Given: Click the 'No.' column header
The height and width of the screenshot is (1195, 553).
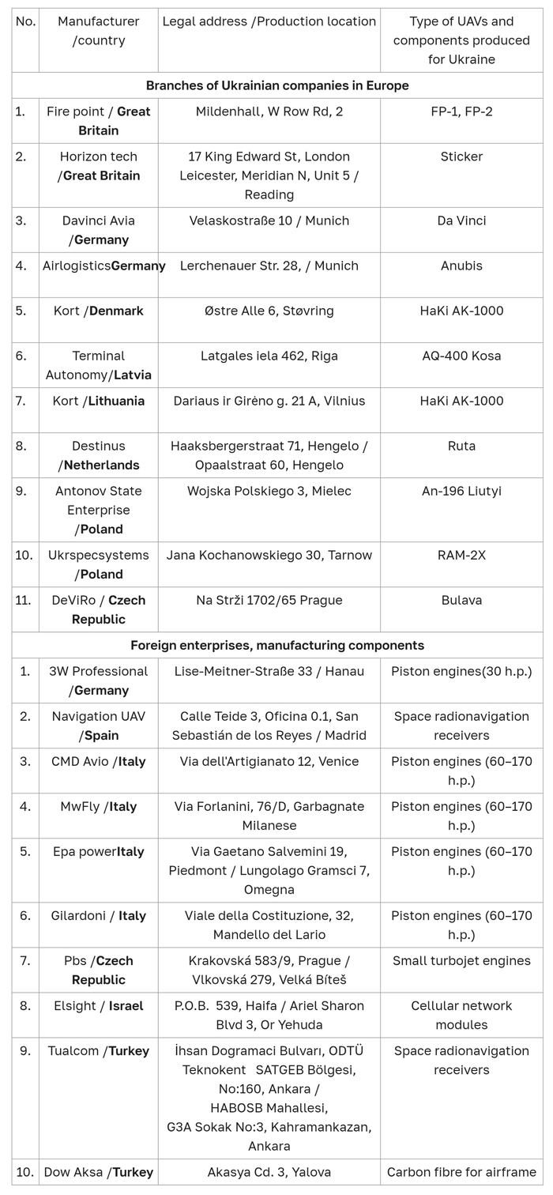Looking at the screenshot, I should [x=25, y=21].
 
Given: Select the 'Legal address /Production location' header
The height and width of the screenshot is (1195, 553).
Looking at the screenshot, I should [x=269, y=21].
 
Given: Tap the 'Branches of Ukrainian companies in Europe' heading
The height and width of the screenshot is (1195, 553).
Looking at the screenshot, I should [x=276, y=85].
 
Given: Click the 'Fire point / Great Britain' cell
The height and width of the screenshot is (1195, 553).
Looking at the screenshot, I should [x=98, y=121].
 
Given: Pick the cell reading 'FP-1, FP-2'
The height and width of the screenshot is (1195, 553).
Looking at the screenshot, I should [x=461, y=111].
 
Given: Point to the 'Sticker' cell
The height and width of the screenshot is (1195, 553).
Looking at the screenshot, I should [x=461, y=156].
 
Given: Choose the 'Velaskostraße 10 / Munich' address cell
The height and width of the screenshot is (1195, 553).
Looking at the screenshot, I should [x=269, y=221].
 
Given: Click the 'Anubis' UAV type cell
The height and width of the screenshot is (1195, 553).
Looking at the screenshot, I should [x=461, y=266].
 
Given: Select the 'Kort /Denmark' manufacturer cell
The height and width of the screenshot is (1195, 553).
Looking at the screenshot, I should [x=98, y=311].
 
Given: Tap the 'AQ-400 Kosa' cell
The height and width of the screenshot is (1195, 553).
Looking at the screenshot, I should [x=461, y=356].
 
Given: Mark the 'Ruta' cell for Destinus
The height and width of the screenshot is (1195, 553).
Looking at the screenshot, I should [x=461, y=446].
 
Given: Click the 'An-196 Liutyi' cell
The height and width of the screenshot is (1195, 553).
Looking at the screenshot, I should [x=461, y=491].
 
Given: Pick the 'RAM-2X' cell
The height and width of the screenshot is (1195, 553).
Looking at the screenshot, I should [x=461, y=555].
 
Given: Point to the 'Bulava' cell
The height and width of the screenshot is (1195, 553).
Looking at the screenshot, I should [x=461, y=600].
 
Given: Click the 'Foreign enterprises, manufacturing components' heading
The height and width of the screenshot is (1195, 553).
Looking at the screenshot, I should [x=276, y=646].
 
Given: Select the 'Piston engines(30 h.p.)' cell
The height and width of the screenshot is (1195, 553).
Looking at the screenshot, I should [x=461, y=671].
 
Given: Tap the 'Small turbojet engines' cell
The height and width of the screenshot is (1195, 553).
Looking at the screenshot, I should [x=461, y=961].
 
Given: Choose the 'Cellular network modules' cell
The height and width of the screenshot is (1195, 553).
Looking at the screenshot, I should [x=461, y=1015].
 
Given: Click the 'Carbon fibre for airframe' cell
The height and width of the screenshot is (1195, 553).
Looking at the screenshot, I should [x=461, y=1172].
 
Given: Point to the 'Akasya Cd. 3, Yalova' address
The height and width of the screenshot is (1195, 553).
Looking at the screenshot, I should [x=269, y=1172].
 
